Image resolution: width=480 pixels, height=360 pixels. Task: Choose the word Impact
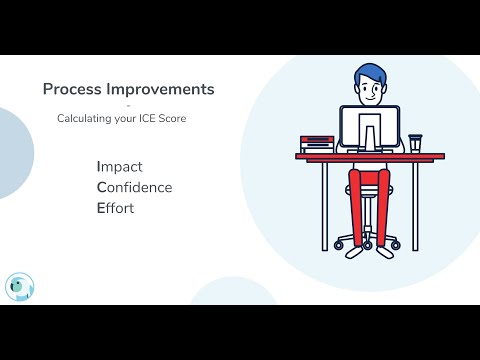119,166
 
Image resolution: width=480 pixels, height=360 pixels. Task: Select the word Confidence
134,187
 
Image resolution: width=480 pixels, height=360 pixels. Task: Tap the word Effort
115,208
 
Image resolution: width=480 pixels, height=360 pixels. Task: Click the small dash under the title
128,104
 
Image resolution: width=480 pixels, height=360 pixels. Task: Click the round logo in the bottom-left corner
19,287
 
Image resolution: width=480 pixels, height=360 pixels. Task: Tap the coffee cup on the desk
414,143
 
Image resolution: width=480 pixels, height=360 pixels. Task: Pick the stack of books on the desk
316,143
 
